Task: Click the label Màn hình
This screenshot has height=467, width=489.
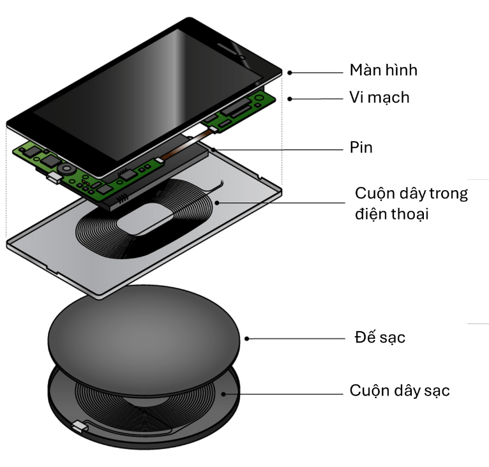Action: pyautogui.click(x=383, y=70)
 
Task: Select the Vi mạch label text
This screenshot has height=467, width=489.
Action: pyautogui.click(x=379, y=98)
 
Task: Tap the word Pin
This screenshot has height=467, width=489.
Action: pyautogui.click(x=361, y=148)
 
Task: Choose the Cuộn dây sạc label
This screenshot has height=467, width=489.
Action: pyautogui.click(x=400, y=390)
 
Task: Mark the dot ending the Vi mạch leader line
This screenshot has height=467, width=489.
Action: pyautogui.click(x=290, y=99)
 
